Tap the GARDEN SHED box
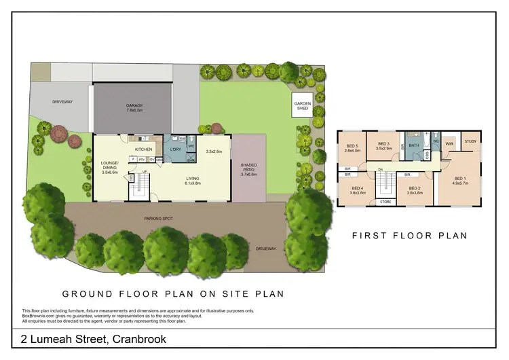[x=302, y=105]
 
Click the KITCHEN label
[x=143, y=149]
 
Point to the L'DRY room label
[x=175, y=149]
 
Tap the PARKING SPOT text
[x=157, y=219]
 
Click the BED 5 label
[x=352, y=148]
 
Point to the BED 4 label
[x=358, y=190]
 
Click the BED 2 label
[x=414, y=190]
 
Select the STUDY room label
[x=470, y=141]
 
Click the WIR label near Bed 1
[x=449, y=144]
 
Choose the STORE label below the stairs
[x=385, y=202]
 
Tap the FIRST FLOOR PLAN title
[x=409, y=236]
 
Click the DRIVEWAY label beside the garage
[x=62, y=102]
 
